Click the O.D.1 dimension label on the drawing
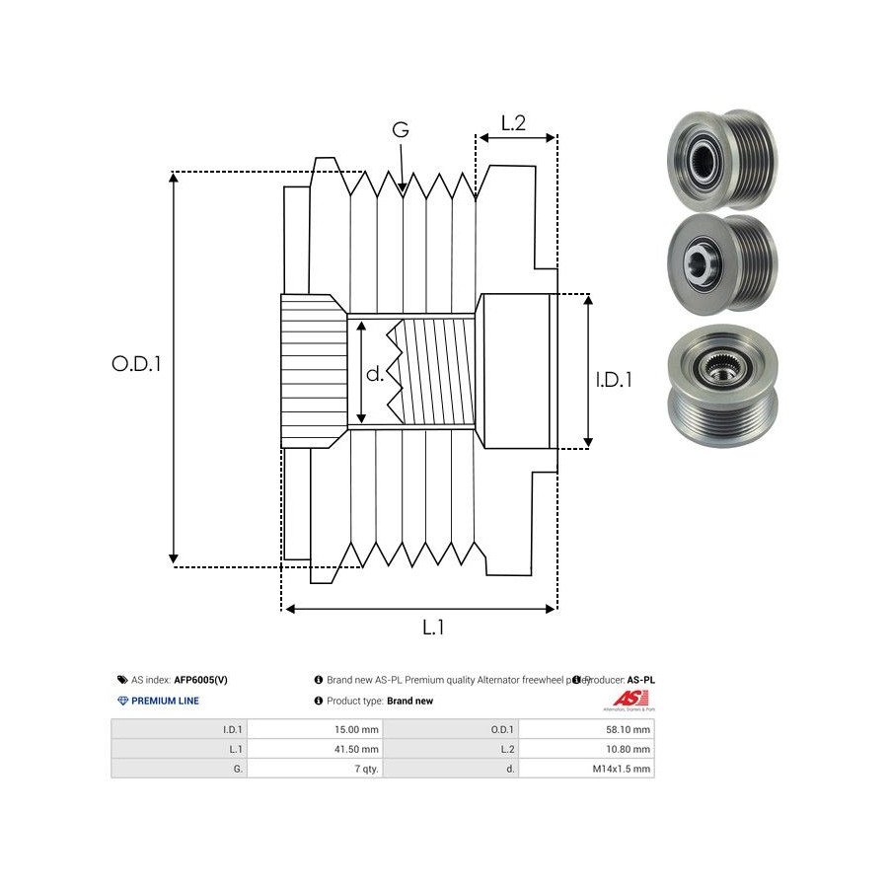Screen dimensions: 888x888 [x=136, y=363]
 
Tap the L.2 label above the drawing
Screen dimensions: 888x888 [x=513, y=123]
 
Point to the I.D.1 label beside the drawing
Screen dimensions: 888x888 [x=614, y=378]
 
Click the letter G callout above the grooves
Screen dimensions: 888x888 [x=401, y=130]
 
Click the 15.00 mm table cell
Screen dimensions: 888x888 [x=357, y=730]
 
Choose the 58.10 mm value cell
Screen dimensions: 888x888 [x=629, y=730]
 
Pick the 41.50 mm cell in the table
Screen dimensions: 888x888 [x=357, y=749]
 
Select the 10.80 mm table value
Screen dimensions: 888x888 [x=629, y=749]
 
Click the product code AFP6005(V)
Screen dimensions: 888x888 [x=201, y=680]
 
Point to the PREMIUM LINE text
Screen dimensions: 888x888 [x=165, y=701]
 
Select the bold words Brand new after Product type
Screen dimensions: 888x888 [x=409, y=701]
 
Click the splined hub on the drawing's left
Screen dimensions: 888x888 [x=313, y=370]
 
